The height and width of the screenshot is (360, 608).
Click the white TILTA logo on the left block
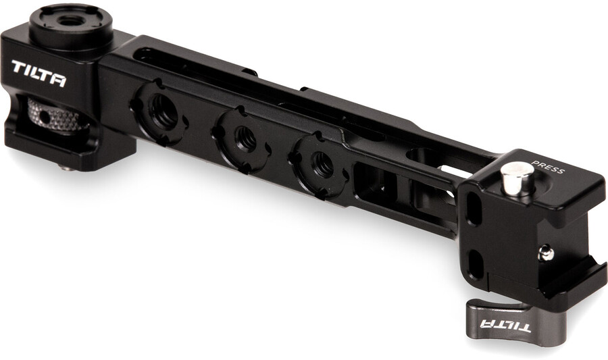pyautogui.click(x=39, y=73)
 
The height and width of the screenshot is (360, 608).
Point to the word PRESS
pyautogui.click(x=547, y=167)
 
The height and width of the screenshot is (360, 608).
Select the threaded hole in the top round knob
pyautogui.click(x=70, y=21)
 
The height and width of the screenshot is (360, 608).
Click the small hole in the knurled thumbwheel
pyautogui.click(x=46, y=116)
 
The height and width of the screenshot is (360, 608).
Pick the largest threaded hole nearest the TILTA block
pyautogui.click(x=163, y=111)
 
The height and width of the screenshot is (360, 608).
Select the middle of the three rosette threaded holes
pyautogui.click(x=246, y=138)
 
